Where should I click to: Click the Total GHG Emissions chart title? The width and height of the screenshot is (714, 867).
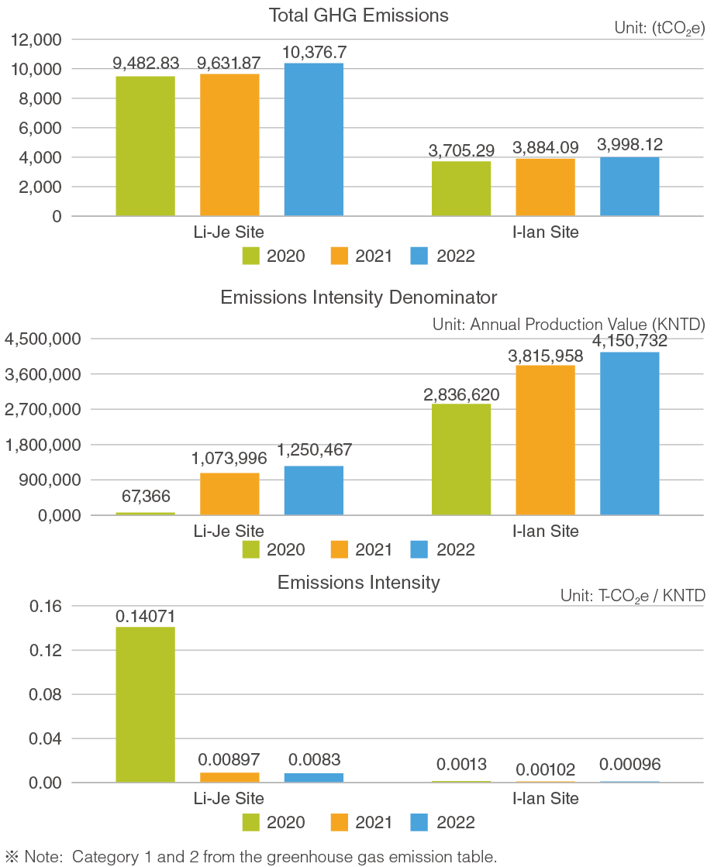pos(358,15)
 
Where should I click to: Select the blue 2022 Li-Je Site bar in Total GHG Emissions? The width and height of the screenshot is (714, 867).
pos(313,139)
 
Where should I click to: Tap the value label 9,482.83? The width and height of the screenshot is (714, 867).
pos(145,64)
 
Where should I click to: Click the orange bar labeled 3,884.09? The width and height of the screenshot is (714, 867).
pos(545,187)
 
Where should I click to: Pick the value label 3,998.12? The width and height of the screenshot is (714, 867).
pos(630,145)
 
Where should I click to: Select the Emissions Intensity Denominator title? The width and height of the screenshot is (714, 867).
pos(358,298)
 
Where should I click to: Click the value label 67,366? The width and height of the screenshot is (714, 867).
pos(145,496)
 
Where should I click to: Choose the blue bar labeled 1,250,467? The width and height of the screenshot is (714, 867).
pos(313,490)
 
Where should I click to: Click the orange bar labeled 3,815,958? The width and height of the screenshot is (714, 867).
pos(545,439)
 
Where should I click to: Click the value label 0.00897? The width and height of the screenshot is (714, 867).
pos(229,759)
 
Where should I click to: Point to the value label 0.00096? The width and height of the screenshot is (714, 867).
pos(630,765)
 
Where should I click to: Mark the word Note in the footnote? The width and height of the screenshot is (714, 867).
pos(43,857)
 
